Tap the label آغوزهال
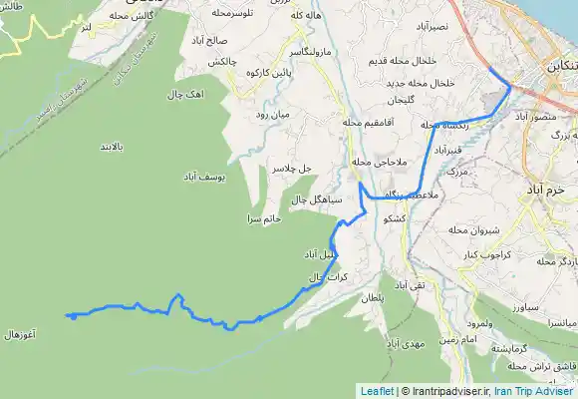point(20,335)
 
